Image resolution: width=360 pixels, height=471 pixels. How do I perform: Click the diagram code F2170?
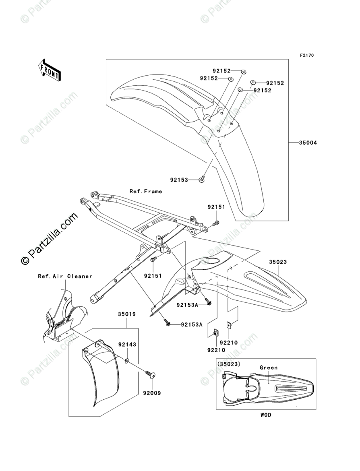click(x=306, y=56)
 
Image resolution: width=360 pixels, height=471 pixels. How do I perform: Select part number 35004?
click(x=308, y=143)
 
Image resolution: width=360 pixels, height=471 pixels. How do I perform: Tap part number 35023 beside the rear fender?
click(x=278, y=262)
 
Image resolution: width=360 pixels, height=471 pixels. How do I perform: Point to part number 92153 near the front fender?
click(x=179, y=180)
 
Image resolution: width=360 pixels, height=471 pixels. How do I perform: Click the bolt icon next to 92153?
click(x=202, y=178)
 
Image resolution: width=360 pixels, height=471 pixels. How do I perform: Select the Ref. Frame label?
click(x=146, y=191)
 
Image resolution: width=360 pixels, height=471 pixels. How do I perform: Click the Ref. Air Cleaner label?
click(x=65, y=276)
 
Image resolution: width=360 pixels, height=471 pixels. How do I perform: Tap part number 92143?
click(x=127, y=345)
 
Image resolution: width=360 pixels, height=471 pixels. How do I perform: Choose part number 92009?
click(x=151, y=393)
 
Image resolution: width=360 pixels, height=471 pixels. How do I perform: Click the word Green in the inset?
click(x=268, y=368)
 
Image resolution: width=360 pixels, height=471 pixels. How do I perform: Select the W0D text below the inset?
click(x=266, y=415)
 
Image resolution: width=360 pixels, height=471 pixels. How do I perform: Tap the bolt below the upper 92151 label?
click(x=216, y=222)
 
